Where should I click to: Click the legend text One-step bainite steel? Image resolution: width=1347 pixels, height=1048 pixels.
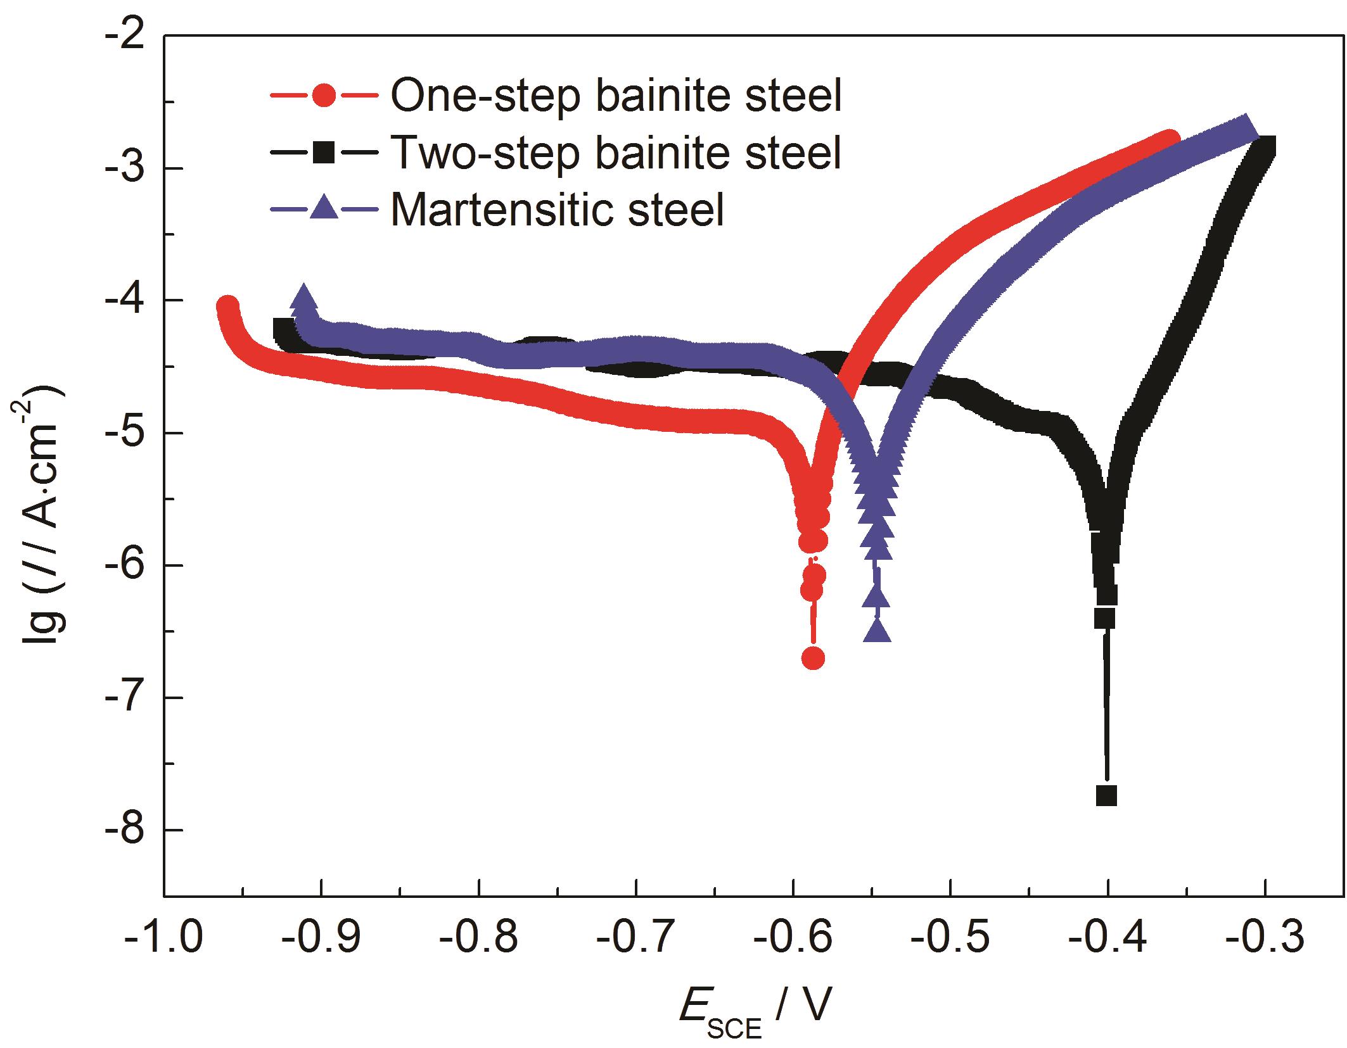pyautogui.click(x=615, y=96)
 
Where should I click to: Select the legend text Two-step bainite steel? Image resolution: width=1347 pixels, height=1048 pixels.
pyautogui.click(x=615, y=153)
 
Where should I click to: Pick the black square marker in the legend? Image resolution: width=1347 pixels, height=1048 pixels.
pyautogui.click(x=324, y=153)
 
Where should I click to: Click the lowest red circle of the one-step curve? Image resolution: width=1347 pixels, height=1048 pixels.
pyautogui.click(x=813, y=659)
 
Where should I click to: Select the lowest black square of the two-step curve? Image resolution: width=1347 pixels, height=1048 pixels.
pyautogui.click(x=1106, y=795)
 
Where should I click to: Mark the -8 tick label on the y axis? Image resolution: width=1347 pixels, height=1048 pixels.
pyautogui.click(x=125, y=830)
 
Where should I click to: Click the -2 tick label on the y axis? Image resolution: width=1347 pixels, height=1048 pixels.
pyautogui.click(x=125, y=36)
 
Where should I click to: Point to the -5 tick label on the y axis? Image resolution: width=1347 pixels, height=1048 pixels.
pyautogui.click(x=125, y=433)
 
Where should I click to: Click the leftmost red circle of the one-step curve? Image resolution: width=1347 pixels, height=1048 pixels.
pyautogui.click(x=227, y=306)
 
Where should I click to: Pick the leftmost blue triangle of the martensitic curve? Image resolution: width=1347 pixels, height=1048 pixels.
pyautogui.click(x=304, y=298)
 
